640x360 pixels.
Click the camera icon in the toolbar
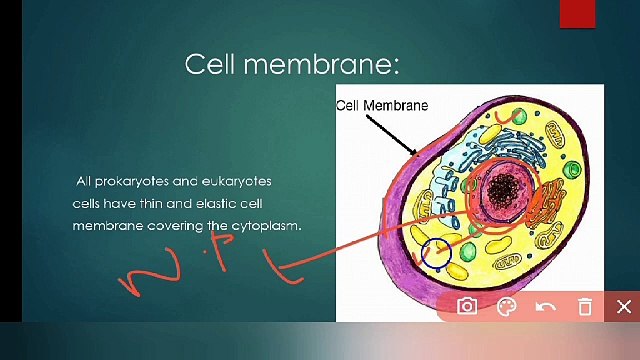467,306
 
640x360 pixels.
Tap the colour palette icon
506,306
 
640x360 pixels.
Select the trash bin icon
585,306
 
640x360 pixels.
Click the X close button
624,306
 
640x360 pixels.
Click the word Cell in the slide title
211,65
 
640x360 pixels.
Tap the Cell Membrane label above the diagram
381,105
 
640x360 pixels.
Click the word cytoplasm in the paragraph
267,227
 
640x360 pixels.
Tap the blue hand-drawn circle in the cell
435,252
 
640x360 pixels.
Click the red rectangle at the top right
577,13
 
